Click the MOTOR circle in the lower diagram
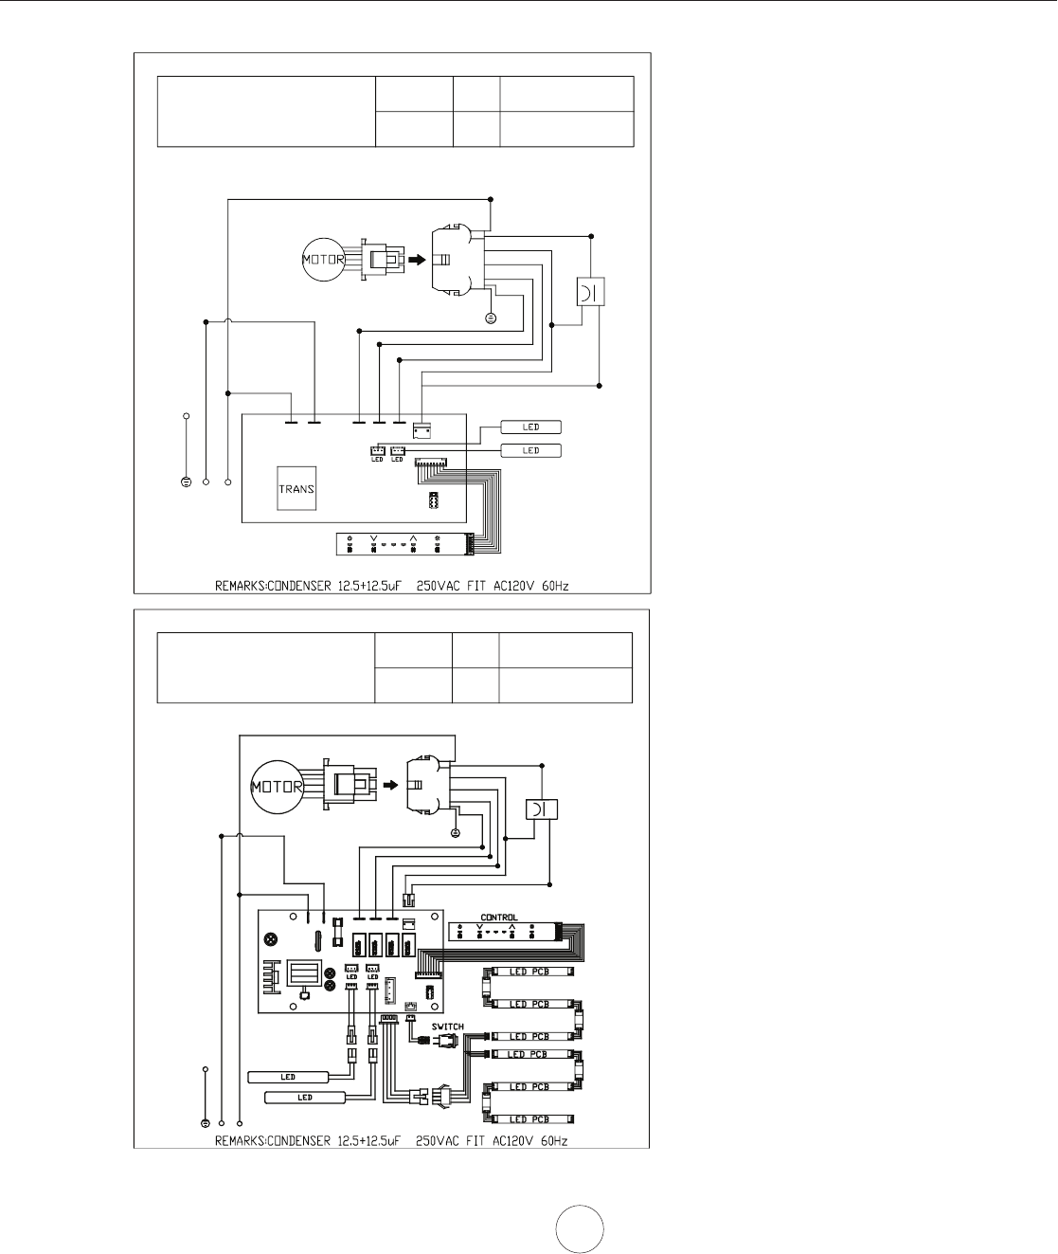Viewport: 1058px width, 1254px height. [276, 786]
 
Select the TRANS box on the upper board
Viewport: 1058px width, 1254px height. [296, 489]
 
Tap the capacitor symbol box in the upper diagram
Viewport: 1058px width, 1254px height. [590, 292]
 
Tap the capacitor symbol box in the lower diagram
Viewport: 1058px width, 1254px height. [542, 809]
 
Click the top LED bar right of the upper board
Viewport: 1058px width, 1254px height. [530, 427]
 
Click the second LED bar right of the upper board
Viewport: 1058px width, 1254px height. [530, 450]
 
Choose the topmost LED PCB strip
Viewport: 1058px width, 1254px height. [529, 972]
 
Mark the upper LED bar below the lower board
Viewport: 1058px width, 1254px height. [288, 1077]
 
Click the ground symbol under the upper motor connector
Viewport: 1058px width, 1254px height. [491, 318]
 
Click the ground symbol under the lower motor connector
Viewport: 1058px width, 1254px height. [456, 832]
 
